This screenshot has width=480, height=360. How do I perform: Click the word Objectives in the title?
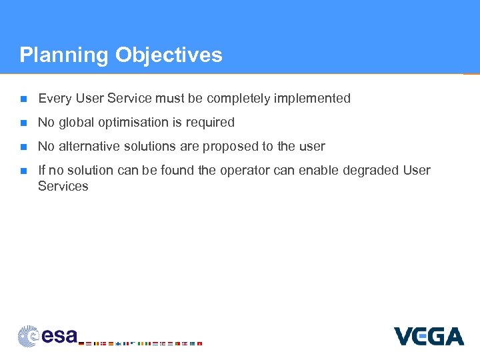coord(169,55)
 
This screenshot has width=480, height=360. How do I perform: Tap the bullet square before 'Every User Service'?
coord(23,99)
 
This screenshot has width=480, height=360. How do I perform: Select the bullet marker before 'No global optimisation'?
coord(23,123)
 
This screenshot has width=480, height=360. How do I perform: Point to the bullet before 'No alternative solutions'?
coord(23,147)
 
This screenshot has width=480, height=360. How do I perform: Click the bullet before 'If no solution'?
coord(23,171)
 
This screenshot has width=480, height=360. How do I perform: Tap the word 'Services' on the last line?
coord(63,187)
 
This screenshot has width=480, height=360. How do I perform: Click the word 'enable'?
coord(319,171)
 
